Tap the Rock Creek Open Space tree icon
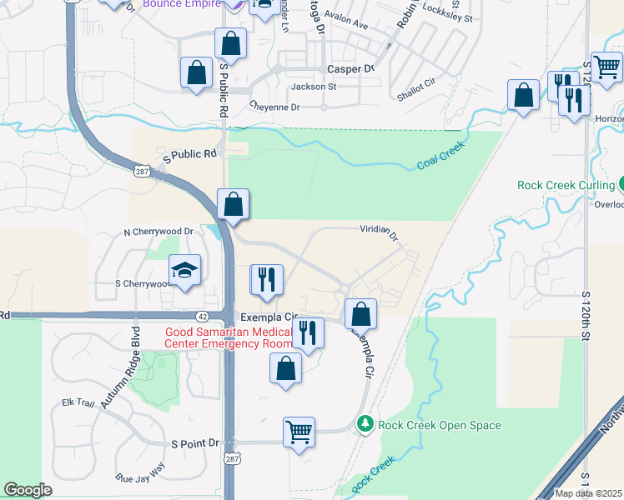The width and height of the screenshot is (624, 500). point(365,425)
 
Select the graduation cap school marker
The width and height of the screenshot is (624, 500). point(184,269)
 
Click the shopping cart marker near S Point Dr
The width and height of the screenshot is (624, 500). point(299,432)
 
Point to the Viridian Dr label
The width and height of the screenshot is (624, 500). point(380,229)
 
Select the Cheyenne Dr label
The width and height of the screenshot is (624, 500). point(274,107)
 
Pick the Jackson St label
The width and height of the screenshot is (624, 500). point(314,86)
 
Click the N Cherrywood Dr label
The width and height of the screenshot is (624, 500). point(158,232)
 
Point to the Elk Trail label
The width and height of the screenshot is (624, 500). point(80,402)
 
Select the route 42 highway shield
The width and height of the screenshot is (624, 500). point(204,316)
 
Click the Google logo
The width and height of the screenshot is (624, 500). point(28,490)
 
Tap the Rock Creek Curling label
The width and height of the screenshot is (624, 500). point(565,185)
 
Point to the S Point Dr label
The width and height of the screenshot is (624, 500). point(194,443)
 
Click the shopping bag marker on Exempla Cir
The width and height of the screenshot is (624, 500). point(360,314)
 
